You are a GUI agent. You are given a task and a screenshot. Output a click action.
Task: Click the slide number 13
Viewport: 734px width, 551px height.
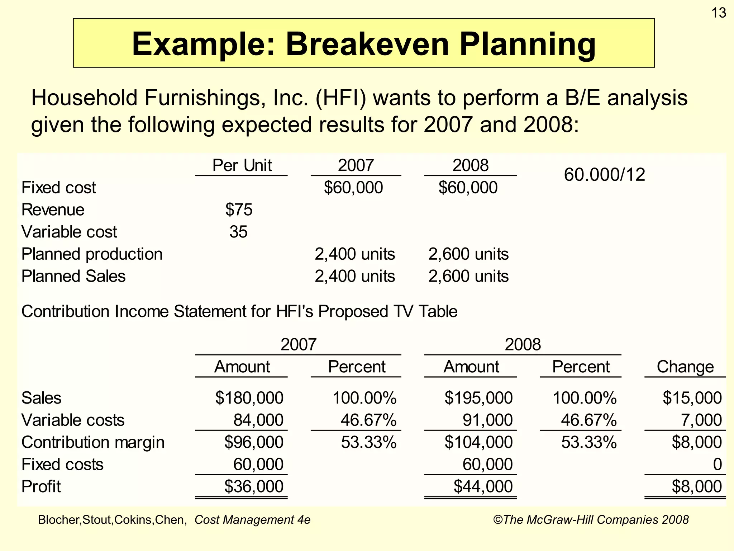click(x=718, y=13)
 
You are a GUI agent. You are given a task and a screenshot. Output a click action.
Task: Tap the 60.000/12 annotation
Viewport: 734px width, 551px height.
click(x=604, y=175)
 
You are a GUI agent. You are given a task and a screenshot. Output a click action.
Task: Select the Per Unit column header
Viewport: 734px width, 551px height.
click(x=242, y=165)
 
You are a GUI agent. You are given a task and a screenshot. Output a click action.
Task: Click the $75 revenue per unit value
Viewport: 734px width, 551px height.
click(x=239, y=209)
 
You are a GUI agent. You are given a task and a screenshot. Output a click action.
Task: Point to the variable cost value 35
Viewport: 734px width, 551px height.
click(x=238, y=232)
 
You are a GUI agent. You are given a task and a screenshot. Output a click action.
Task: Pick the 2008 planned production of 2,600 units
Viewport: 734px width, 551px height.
click(x=468, y=254)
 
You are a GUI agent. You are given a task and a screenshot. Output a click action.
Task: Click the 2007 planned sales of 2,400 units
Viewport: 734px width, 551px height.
click(x=355, y=276)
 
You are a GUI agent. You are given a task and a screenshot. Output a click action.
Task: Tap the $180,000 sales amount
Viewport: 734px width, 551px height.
click(x=249, y=398)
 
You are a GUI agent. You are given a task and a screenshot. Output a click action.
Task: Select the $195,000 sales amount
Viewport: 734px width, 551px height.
click(x=478, y=398)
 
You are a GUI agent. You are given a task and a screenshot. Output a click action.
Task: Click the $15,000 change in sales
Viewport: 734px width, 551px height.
click(x=692, y=398)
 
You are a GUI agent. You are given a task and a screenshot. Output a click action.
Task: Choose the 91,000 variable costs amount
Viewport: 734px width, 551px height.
click(x=487, y=420)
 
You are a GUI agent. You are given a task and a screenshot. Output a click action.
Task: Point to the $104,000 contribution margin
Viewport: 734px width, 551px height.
click(x=478, y=442)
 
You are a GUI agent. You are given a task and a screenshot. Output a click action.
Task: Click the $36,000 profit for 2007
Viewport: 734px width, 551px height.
click(x=254, y=486)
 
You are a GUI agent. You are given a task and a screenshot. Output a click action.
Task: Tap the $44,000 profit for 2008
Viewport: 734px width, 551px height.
click(x=483, y=486)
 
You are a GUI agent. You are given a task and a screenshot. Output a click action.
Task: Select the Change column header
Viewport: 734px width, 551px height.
click(x=685, y=367)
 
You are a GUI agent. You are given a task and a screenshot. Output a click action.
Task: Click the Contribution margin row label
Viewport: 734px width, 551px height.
click(x=93, y=442)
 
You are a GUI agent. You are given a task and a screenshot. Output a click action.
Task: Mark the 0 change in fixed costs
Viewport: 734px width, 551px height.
click(x=717, y=465)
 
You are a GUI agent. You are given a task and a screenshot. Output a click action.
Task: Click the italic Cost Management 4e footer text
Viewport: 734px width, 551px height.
click(x=252, y=520)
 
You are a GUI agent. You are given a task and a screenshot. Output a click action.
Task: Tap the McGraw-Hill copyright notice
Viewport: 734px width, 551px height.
click(x=591, y=520)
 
